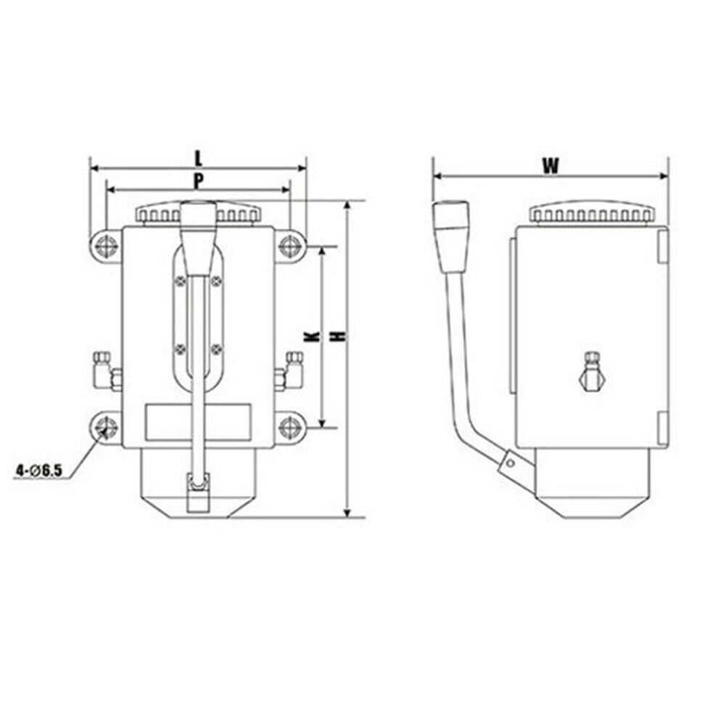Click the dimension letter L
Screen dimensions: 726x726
198,155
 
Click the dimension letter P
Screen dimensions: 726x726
197,179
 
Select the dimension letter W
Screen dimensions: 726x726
550,165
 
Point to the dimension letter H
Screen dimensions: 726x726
337,337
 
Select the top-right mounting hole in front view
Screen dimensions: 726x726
291,245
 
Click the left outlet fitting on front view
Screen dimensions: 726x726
107,368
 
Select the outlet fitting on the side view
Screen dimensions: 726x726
593,370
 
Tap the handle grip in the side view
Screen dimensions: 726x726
452,234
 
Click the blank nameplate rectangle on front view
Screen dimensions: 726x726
198,421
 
